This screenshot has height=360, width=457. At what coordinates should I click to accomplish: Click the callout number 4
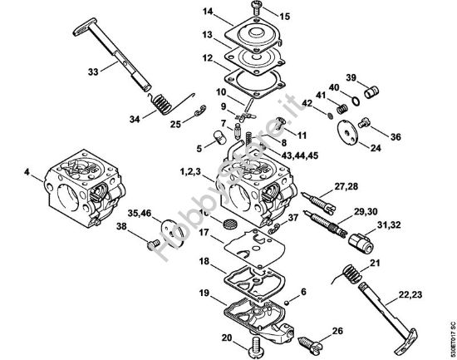(x=27, y=173)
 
